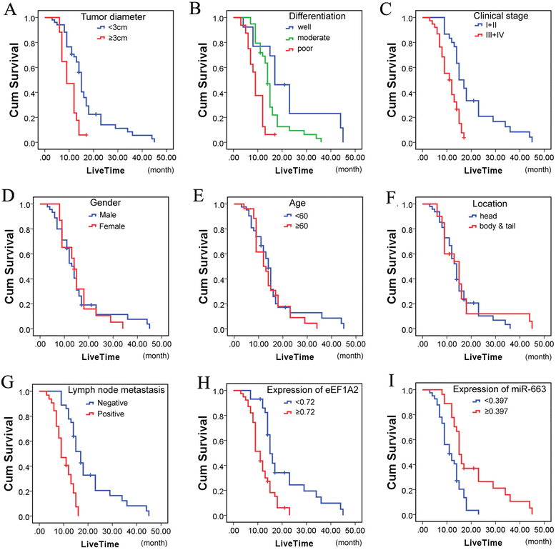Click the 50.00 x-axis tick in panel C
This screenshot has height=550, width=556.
[x=542, y=159]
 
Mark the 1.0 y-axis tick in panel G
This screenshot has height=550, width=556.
[x=26, y=391]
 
